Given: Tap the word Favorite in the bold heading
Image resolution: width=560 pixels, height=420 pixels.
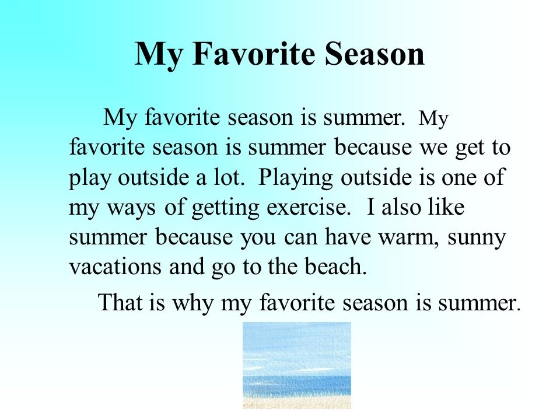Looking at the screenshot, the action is [254, 54].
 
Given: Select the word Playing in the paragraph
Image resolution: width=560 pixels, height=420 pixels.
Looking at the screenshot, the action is [295, 178].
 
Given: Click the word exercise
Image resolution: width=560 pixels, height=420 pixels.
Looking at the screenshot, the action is [306, 207].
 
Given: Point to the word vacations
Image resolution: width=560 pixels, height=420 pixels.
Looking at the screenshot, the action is [115, 267].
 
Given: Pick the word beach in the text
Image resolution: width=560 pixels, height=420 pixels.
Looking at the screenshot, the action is [336, 267].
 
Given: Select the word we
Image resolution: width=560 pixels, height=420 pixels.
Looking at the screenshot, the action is [433, 148].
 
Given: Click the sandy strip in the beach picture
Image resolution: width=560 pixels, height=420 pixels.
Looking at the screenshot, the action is [297, 402].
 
